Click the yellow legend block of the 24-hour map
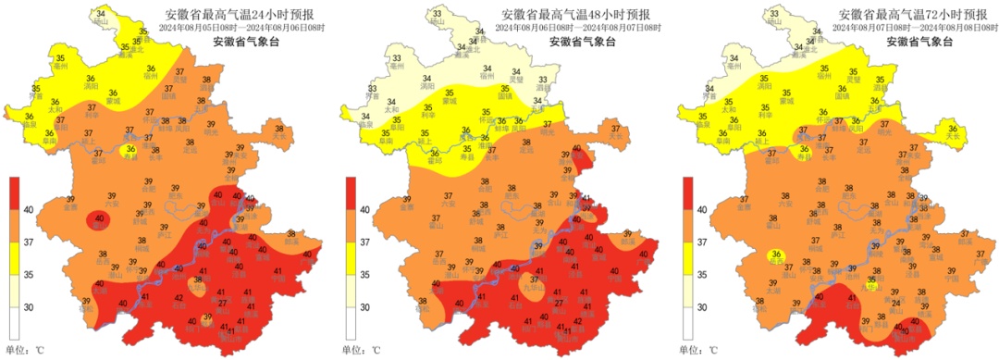[x=16, y=258]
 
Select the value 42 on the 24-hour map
[x=179, y=297]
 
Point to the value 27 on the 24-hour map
[x=222, y=304]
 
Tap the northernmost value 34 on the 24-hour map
[x=101, y=11]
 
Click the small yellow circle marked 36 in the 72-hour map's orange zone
[x=778, y=255]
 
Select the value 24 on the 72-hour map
[x=895, y=304]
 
